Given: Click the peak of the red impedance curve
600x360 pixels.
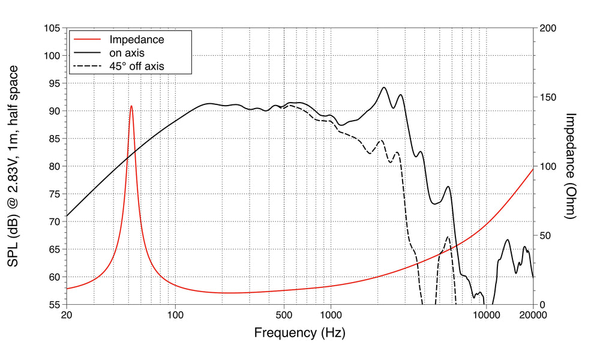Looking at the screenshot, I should pyautogui.click(x=131, y=106).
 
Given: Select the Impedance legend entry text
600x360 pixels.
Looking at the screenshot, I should pyautogui.click(x=136, y=40).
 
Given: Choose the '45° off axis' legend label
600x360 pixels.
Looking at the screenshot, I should pyautogui.click(x=136, y=66).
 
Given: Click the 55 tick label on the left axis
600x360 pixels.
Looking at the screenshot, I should pyautogui.click(x=53, y=304).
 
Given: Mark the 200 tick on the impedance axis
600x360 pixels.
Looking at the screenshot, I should pyautogui.click(x=548, y=28).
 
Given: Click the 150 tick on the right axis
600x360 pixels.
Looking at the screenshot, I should pyautogui.click(x=548, y=97).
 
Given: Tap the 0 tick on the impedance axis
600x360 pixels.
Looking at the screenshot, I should pyautogui.click(x=542, y=304).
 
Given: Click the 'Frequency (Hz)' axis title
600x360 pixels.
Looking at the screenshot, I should pyautogui.click(x=299, y=332).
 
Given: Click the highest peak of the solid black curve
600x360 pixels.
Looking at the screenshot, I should pyautogui.click(x=385, y=88).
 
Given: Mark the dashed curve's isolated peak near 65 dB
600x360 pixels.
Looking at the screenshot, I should pyautogui.click(x=448, y=237).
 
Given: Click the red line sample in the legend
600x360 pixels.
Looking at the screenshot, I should pyautogui.click(x=86, y=40).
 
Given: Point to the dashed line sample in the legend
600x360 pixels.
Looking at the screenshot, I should pyautogui.click(x=86, y=66).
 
